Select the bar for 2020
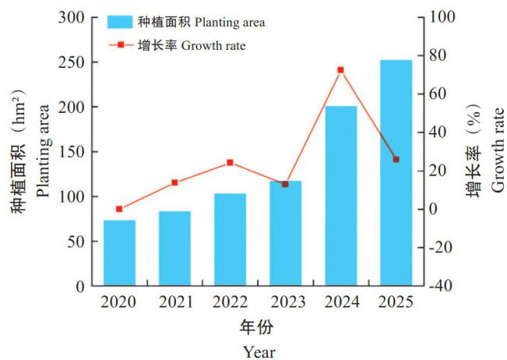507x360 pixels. click(119, 252)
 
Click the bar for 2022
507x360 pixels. click(230, 239)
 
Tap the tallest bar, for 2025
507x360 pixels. click(396, 173)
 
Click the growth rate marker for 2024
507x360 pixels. click(340, 70)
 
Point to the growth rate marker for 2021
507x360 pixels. click(174, 182)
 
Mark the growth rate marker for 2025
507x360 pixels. click(396, 159)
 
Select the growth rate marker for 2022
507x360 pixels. click(230, 163)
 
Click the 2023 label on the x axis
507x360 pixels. click(285, 302)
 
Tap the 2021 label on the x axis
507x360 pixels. click(174, 302)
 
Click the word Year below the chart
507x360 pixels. click(258, 351)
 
